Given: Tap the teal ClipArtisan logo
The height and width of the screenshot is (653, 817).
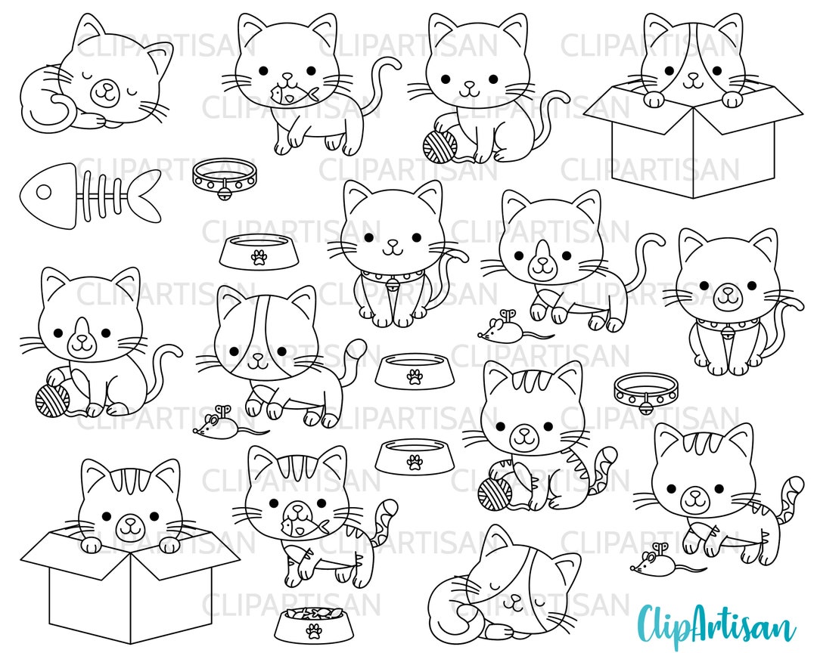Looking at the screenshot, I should coord(716,624).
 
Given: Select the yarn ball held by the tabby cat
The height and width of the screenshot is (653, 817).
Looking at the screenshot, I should coord(495,492).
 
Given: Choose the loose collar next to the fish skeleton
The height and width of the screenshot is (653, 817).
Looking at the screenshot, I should coord(225,176).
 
